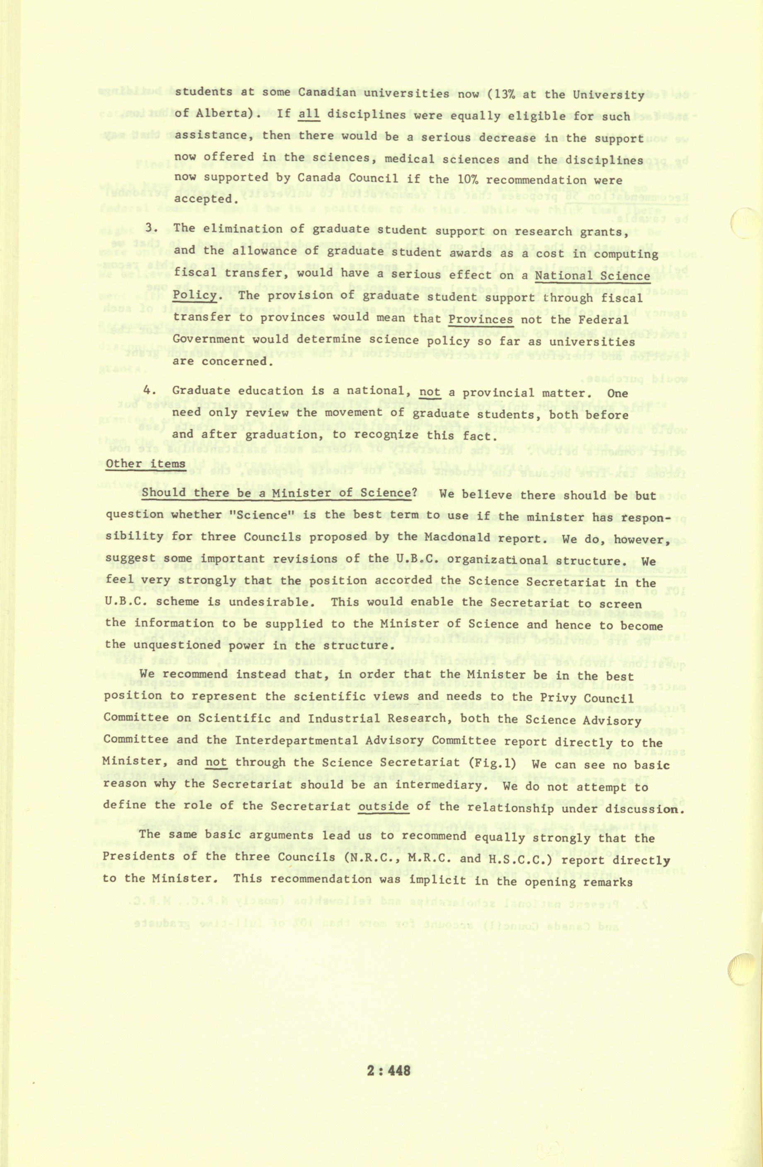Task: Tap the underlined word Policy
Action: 195,296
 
